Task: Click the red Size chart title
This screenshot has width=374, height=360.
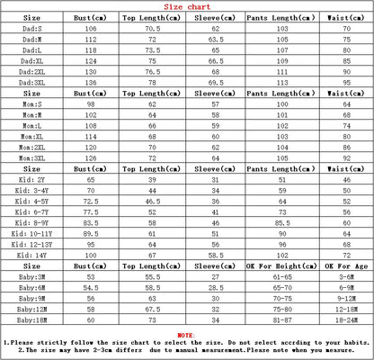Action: [x=186, y=5]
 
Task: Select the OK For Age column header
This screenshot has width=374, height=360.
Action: [x=343, y=267]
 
